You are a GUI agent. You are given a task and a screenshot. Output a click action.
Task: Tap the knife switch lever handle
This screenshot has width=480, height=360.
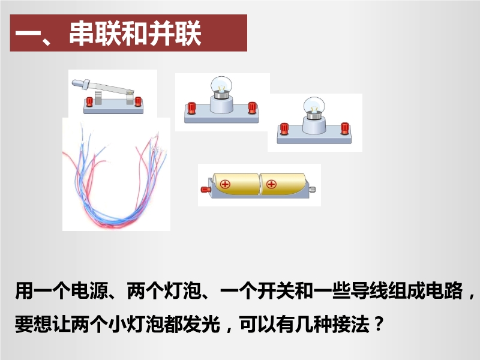(81, 83)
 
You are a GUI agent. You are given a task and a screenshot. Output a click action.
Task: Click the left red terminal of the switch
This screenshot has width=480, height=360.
(89, 101)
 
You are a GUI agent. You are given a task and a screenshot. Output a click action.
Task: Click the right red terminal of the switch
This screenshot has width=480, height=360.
(138, 101)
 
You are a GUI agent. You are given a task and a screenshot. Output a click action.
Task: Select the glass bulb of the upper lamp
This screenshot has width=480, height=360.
(221, 85)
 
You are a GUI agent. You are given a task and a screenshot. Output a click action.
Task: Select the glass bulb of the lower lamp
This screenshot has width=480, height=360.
(314, 106)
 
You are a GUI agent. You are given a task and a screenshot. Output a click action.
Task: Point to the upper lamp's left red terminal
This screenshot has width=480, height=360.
(191, 108)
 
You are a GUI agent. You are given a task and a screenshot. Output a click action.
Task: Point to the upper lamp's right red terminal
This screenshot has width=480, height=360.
(252, 108)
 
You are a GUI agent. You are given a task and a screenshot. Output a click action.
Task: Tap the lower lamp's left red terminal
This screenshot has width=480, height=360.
(284, 128)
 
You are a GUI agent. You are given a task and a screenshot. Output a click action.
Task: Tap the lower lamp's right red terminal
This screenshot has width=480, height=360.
(345, 128)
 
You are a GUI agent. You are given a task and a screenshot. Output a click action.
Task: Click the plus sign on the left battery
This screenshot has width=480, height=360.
(226, 184)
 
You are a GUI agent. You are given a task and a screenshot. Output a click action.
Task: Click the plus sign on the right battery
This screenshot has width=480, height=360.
(272, 184)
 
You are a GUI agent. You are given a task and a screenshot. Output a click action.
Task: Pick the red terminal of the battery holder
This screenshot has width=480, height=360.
(205, 190)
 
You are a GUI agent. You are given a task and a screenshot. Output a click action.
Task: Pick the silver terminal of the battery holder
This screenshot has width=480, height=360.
(312, 190)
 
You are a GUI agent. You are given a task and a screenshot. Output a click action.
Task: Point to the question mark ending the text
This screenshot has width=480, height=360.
(379, 323)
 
